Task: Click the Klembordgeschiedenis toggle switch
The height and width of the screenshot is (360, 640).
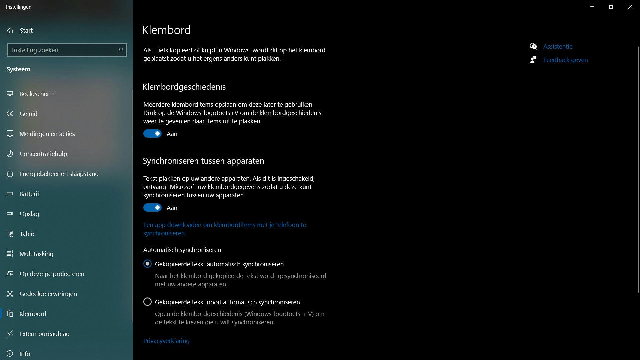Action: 152,134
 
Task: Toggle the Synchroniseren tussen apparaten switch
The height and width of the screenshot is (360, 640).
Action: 152,208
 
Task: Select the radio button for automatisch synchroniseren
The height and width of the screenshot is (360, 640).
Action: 147,264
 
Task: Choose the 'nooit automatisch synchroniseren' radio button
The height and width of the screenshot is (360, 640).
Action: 147,302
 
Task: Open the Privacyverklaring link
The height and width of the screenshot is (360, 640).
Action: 166,341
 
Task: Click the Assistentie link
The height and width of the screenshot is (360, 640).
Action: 558,46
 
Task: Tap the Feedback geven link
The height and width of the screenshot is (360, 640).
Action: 565,60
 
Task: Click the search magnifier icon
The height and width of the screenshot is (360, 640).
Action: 120,50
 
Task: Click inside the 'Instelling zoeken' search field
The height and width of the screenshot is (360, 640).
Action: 62,50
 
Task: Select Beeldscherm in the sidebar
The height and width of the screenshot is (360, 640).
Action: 37,94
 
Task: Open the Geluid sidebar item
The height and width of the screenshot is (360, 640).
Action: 28,114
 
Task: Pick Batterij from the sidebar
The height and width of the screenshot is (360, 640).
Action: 29,194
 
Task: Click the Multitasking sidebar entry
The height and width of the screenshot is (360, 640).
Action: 36,254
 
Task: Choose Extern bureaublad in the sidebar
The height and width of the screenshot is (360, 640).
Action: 44,334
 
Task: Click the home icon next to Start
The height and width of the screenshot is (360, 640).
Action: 10,30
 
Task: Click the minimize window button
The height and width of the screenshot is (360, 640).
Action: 592,7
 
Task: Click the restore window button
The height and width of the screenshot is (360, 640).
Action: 611,7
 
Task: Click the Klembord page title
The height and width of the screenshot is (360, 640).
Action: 167,30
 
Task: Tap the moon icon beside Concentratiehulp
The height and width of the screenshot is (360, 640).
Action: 10,154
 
